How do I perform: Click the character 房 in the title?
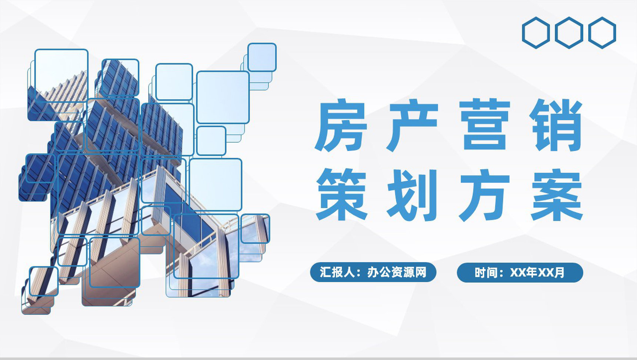tap(340, 126)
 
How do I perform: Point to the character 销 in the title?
tap(556, 126)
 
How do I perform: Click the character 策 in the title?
tap(340, 196)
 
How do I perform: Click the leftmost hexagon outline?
tap(536, 33)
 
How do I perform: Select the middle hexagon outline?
tap(569, 33)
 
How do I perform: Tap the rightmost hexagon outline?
tap(602, 33)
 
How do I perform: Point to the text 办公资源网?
tap(396, 273)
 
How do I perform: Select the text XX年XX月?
tap(537, 273)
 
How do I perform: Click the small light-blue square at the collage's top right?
tap(262, 57)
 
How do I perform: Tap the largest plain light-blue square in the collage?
tap(223, 97)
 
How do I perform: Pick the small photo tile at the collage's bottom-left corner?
tap(43, 281)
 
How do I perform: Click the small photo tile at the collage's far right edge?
tap(255, 228)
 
